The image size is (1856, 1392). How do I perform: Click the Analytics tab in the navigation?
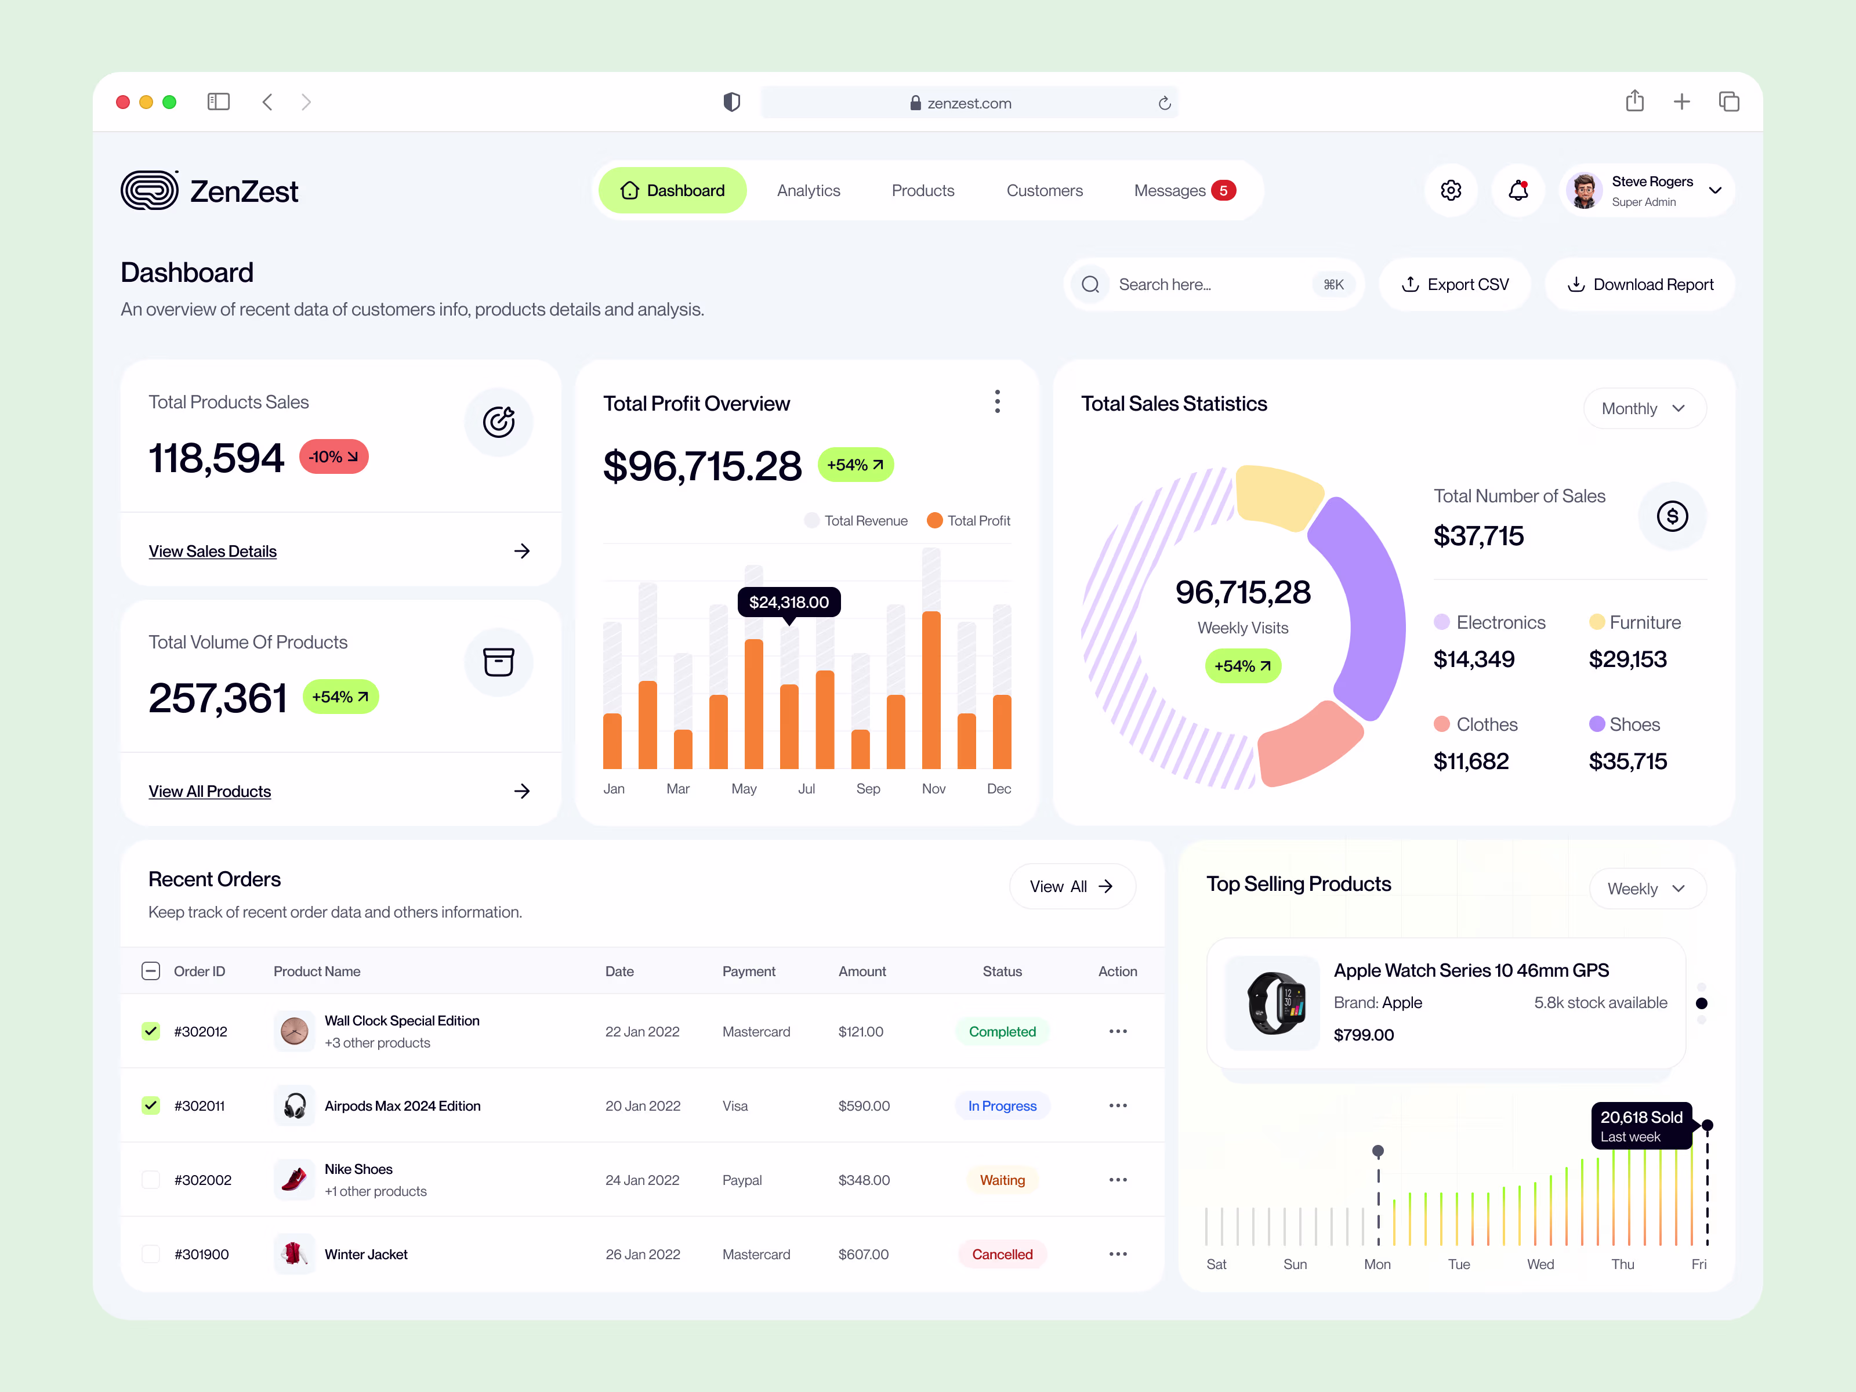coord(808,190)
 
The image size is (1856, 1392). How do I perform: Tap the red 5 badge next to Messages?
coord(1223,190)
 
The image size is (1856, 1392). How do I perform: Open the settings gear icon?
coord(1450,190)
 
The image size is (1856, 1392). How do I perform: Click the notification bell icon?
coord(1517,190)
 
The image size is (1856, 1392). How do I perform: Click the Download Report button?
coord(1640,284)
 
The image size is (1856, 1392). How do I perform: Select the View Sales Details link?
coord(212,551)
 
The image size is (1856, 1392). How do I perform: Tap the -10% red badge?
coord(333,456)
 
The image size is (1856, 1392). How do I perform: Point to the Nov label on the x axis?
coord(933,789)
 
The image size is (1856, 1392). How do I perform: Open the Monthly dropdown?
coord(1644,409)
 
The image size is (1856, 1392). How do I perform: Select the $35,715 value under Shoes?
coord(1627,761)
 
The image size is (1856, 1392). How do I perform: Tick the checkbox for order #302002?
coord(151,1180)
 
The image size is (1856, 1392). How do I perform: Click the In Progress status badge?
coord(1002,1106)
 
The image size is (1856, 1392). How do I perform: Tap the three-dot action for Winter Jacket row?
coord(1116,1253)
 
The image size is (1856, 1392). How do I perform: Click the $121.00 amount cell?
coord(860,1031)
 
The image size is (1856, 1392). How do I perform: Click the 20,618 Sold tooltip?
coord(1640,1125)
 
